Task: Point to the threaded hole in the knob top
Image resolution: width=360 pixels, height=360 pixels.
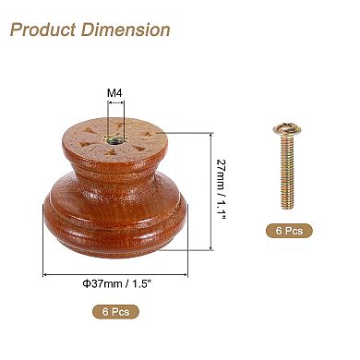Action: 113,138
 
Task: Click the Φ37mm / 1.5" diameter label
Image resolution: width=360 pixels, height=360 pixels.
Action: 115,283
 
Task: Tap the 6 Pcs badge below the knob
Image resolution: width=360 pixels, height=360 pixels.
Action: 115,313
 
